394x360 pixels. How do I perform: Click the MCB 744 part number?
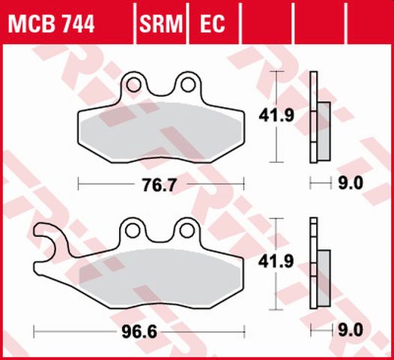51,25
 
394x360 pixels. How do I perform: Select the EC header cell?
212,25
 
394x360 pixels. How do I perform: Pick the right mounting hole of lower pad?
184,227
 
